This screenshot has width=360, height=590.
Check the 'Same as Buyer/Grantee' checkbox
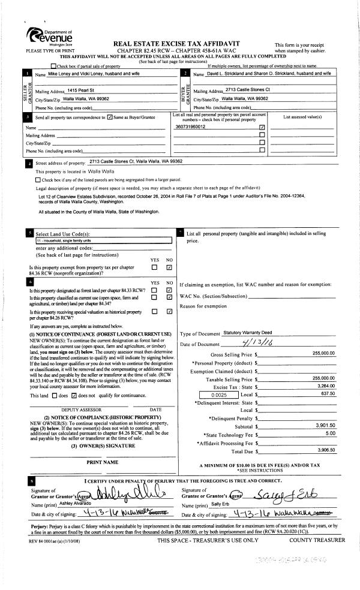point(109,118)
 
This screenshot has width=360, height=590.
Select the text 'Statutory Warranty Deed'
point(247,332)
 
